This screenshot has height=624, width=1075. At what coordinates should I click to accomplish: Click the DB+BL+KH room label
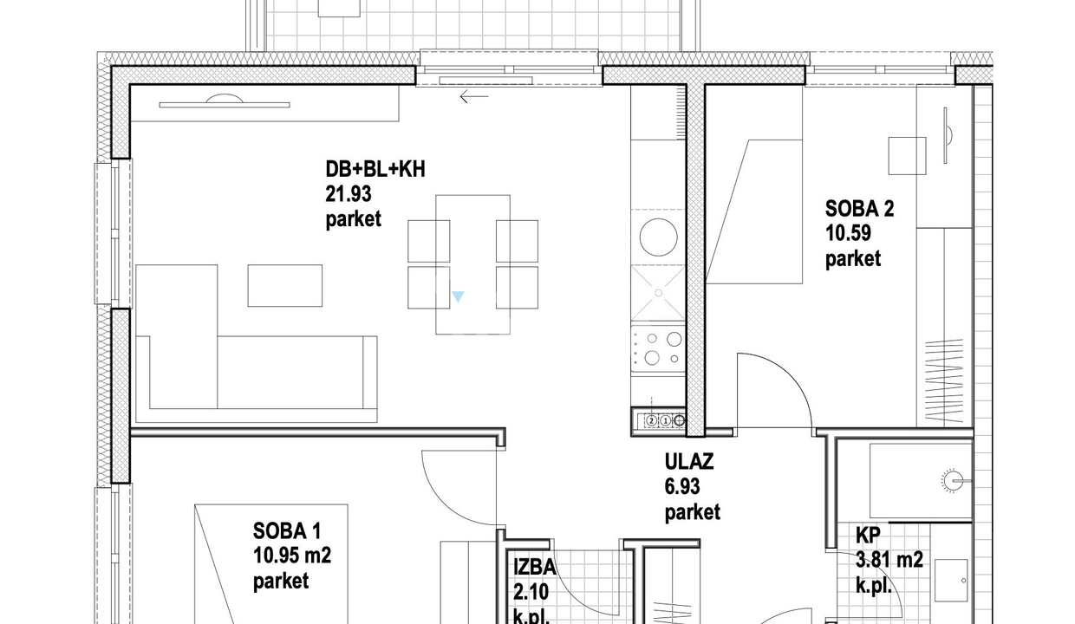[x=375, y=169]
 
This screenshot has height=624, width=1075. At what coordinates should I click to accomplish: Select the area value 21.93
[x=349, y=194]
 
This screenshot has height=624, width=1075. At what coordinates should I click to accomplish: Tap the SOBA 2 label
[x=859, y=209]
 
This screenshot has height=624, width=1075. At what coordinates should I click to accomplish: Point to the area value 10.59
[x=848, y=234]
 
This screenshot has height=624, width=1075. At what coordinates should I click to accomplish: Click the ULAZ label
[x=689, y=462]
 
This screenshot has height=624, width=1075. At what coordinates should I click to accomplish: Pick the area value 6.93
[x=682, y=487]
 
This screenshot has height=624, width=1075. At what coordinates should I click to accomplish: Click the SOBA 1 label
[x=287, y=531]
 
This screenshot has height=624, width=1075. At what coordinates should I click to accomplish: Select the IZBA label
[x=535, y=568]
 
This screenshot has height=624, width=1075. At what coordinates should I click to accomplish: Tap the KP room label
[x=868, y=536]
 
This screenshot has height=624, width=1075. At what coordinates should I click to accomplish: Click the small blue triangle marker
[x=458, y=296]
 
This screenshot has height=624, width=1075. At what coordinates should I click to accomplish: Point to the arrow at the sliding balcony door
[x=474, y=96]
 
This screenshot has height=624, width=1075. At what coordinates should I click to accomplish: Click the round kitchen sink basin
[x=659, y=237]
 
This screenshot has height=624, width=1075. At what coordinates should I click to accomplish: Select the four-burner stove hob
[x=658, y=349]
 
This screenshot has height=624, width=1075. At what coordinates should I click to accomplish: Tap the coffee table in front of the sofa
[x=285, y=285]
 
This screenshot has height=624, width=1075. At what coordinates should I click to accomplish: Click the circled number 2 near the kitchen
[x=651, y=420]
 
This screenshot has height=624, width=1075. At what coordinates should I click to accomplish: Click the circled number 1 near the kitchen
[x=665, y=420]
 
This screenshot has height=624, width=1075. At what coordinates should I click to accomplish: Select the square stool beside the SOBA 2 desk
[x=907, y=156]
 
